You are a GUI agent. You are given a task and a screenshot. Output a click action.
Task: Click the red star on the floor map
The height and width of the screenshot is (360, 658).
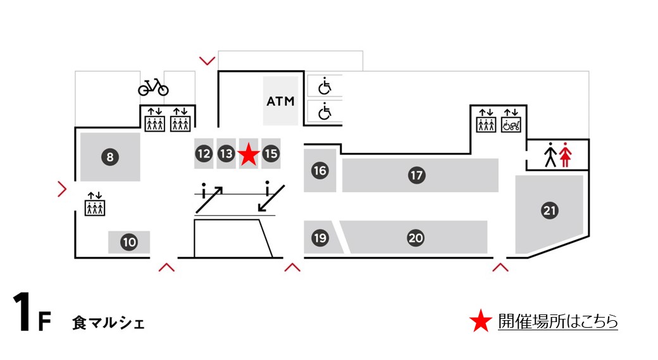pyautogui.click(x=249, y=154)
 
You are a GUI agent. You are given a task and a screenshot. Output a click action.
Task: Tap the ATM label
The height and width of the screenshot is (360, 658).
pyautogui.click(x=280, y=101)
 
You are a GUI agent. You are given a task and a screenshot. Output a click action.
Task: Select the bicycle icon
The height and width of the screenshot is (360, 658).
pyautogui.click(x=153, y=87)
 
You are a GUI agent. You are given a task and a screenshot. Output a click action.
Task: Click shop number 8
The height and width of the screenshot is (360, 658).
pyautogui.click(x=109, y=158)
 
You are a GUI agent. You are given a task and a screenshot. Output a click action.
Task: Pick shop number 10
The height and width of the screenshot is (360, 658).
pyautogui.click(x=129, y=242)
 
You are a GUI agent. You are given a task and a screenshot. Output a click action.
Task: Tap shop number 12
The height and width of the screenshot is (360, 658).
pyautogui.click(x=203, y=153)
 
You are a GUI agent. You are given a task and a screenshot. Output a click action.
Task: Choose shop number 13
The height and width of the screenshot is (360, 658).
pyautogui.click(x=226, y=153)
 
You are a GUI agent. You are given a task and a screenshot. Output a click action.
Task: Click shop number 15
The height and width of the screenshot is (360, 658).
pyautogui.click(x=271, y=153)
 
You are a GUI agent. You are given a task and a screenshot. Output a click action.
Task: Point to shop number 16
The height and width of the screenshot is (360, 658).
pyautogui.click(x=320, y=170)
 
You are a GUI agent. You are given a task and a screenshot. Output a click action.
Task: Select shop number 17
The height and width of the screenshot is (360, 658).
pyautogui.click(x=416, y=175)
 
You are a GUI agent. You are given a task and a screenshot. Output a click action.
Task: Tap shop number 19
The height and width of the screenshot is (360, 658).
pyautogui.click(x=320, y=238)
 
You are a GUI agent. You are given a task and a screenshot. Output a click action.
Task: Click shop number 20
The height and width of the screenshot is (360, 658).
pyautogui.click(x=415, y=238)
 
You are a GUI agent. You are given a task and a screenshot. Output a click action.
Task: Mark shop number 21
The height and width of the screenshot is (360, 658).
pyautogui.click(x=550, y=211)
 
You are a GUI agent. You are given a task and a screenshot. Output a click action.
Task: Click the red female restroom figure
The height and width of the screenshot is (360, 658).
pyautogui.click(x=565, y=155)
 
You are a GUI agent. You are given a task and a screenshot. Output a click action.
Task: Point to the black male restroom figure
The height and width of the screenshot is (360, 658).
pyautogui.click(x=550, y=155)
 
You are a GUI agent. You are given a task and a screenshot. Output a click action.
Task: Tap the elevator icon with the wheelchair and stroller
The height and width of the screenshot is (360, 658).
pyautogui.click(x=511, y=121)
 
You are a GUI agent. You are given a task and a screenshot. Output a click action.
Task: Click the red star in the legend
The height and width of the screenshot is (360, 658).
pyautogui.click(x=481, y=321)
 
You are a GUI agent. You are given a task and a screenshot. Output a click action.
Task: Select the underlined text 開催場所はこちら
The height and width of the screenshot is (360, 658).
pyautogui.click(x=557, y=321)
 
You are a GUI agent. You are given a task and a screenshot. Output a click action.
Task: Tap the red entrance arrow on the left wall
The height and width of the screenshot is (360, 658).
pyautogui.click(x=62, y=189)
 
